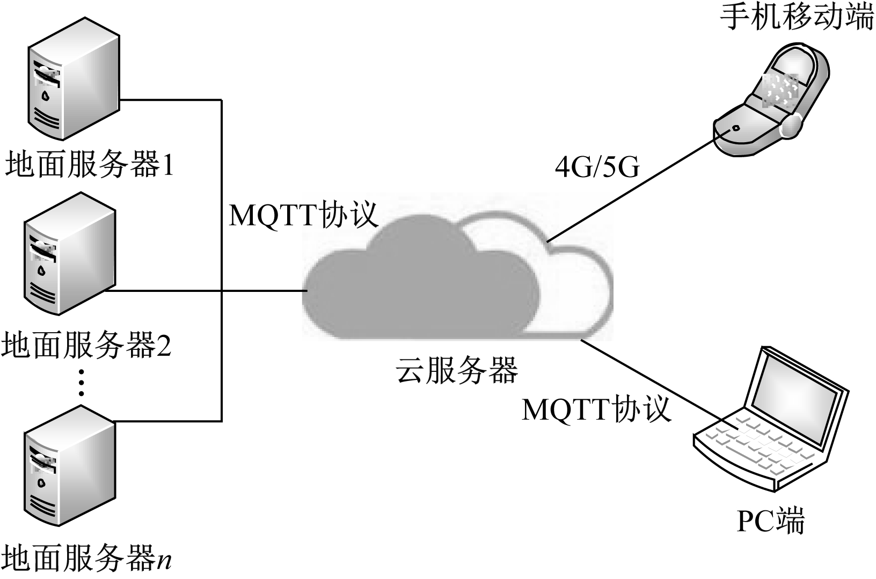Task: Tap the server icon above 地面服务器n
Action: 70,467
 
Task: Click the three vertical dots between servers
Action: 81,382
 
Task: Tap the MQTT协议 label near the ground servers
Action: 303,215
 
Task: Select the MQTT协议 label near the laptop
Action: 596,409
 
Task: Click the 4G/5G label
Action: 597,167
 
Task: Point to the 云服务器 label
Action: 457,370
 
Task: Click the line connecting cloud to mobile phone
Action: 633,188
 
